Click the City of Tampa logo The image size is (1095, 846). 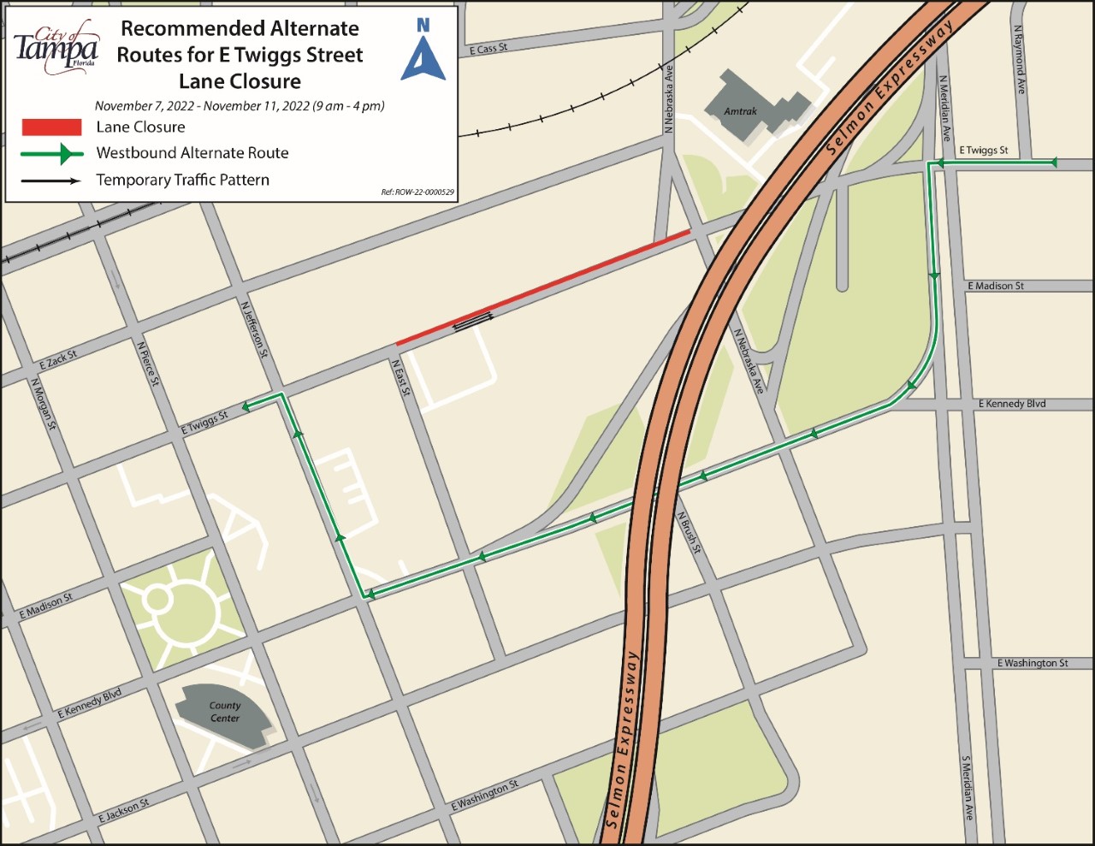click(56, 48)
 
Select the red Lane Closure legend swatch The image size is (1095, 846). click(51, 127)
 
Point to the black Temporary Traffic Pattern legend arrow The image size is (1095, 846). click(51, 180)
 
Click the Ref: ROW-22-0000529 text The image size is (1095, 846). click(417, 192)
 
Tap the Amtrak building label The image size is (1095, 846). click(740, 111)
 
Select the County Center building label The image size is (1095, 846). click(225, 712)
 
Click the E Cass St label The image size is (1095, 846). click(488, 49)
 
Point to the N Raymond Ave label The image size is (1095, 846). click(1019, 59)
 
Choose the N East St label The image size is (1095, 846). click(401, 378)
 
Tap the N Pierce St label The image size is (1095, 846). click(148, 364)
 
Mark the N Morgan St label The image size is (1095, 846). click(43, 404)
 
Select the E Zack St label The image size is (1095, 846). click(57, 360)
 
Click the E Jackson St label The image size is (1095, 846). click(123, 810)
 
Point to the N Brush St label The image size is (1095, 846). click(689, 533)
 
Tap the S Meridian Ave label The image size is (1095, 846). click(967, 787)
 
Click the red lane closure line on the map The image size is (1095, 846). click(543, 287)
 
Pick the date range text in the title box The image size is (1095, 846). click(240, 106)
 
